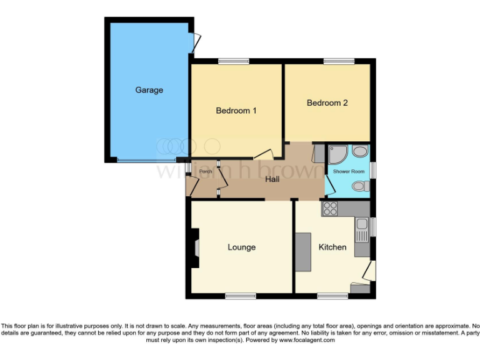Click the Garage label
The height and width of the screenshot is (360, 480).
coord(149,90)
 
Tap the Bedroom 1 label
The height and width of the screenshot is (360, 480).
coord(236,111)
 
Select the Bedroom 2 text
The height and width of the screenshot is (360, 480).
coord(327,102)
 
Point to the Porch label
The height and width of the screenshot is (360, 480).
coord(206,171)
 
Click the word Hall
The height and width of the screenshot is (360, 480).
coord(272,179)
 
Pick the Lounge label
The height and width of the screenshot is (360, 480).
coord(241,247)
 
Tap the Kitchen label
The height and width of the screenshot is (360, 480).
coord(332,247)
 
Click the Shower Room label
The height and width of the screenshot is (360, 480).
coord(348,171)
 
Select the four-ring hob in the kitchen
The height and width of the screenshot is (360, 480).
coord(330,209)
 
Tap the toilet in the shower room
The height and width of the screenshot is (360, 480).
coord(359,186)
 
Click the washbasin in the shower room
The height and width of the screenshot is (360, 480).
coord(361,152)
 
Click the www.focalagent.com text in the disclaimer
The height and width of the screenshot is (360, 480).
coord(307,341)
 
